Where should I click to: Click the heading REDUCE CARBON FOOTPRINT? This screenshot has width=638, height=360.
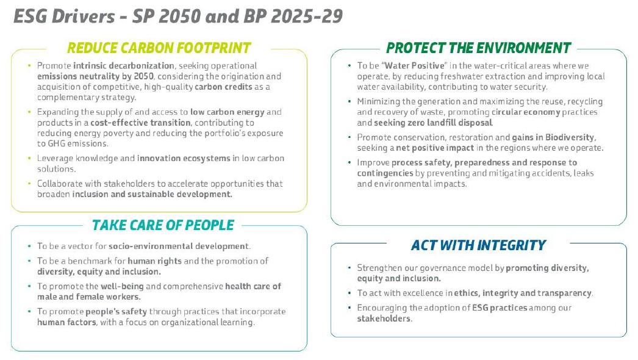(x=159, y=48)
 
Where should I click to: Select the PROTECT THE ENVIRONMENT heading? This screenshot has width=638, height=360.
(x=478, y=48)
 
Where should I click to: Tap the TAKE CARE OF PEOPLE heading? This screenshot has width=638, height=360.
(x=163, y=225)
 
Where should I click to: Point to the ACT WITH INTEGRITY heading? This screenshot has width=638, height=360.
(x=478, y=245)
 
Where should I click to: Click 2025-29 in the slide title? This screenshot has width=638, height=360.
(x=307, y=16)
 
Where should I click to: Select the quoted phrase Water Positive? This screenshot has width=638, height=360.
(x=415, y=65)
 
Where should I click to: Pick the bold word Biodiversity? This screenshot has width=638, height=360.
(x=570, y=137)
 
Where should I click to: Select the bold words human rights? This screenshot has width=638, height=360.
(x=154, y=261)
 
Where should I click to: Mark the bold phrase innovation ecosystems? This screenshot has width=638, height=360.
(x=184, y=159)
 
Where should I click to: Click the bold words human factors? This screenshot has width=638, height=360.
(x=66, y=322)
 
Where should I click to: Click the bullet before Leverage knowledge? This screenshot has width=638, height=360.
(x=29, y=158)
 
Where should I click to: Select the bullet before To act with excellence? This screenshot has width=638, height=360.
(x=349, y=293)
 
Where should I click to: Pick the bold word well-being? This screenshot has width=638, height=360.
(x=122, y=286)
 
